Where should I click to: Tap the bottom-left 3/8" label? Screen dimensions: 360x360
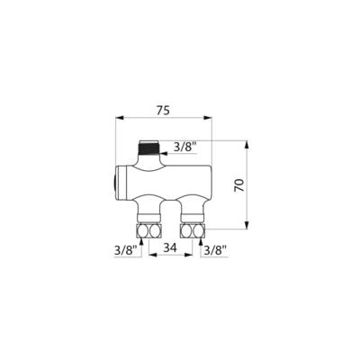pos(125,248)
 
